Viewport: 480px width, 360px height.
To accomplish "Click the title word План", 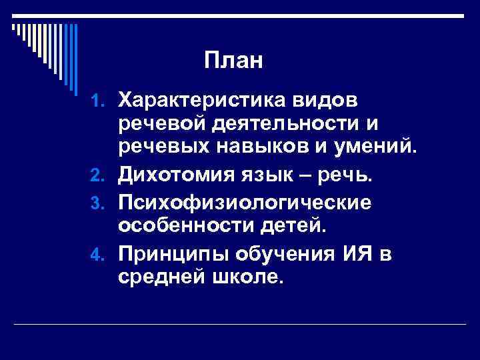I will pos(235,62).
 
